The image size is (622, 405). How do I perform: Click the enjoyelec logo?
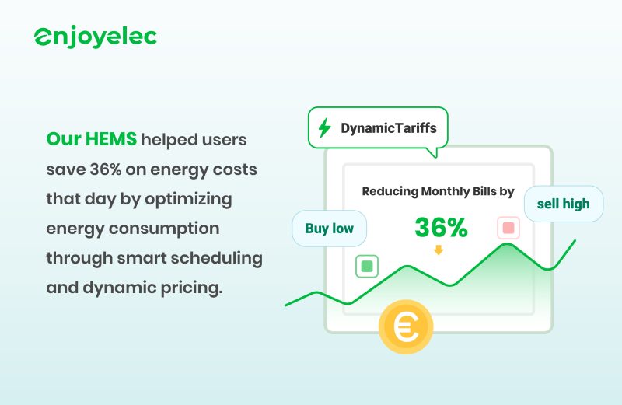[x=95, y=37]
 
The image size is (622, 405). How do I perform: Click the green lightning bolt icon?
[x=325, y=127]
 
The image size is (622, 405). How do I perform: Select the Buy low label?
[x=329, y=229]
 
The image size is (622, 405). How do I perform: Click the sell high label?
[x=563, y=204]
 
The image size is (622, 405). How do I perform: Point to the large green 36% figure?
[x=441, y=228]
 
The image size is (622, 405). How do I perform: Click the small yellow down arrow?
[x=439, y=250]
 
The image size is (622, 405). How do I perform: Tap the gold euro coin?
[x=405, y=328]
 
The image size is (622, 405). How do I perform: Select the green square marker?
[x=367, y=267]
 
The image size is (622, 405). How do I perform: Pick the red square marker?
[x=508, y=229]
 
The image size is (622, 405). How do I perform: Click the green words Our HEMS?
[x=91, y=140]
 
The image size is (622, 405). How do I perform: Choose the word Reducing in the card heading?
[x=390, y=191]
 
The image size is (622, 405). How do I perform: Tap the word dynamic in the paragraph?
[x=114, y=287]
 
